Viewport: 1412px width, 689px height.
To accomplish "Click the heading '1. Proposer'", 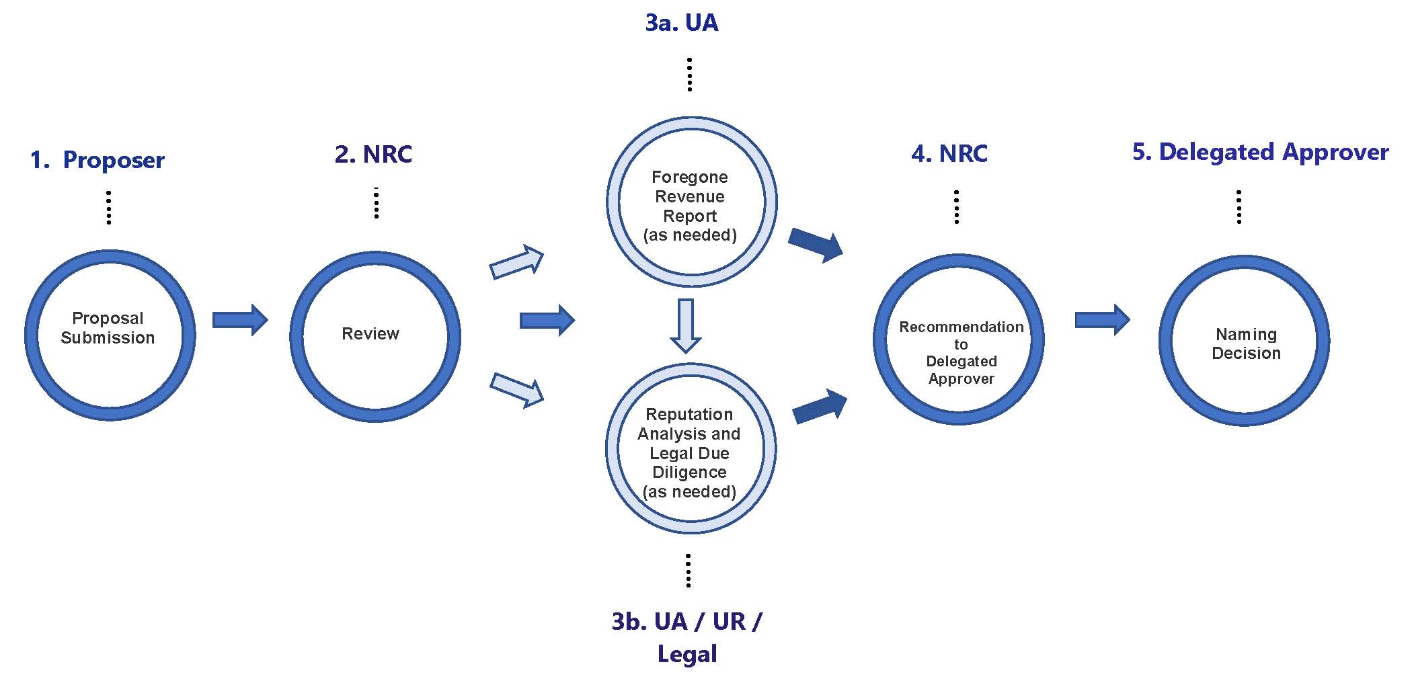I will coord(97,161).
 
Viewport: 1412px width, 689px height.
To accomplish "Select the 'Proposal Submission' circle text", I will coord(108,328).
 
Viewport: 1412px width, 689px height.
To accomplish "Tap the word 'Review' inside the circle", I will coord(370,334).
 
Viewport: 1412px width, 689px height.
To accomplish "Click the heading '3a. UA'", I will coord(682,23).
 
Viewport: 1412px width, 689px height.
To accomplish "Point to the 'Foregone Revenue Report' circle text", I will coord(690,206).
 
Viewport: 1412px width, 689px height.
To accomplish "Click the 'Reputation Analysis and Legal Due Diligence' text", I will coord(689,453).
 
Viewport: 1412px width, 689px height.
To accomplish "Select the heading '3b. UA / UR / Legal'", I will coord(687,637).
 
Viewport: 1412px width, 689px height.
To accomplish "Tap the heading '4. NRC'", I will coord(949,154).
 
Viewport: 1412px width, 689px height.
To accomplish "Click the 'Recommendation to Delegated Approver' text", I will coord(961,353).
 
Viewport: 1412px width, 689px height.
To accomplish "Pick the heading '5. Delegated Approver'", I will coord(1260,153).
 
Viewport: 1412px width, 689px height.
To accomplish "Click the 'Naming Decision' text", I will coord(1246,343).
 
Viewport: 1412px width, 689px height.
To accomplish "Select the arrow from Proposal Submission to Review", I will coord(240,320).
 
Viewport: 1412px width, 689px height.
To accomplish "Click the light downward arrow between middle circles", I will coord(686,326).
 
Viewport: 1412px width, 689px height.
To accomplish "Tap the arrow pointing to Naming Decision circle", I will coord(1102,320).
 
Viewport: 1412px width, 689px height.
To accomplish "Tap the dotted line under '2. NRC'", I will coord(377,203).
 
